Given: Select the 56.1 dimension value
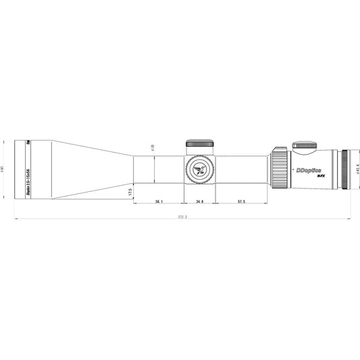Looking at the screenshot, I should point(158,201).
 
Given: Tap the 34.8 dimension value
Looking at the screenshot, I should point(200,201).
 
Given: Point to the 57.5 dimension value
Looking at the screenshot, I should point(241,201).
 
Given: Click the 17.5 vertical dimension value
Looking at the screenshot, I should point(128,192).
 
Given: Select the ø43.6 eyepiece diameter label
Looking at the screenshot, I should point(357,169).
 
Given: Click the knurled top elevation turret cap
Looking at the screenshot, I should point(200,143).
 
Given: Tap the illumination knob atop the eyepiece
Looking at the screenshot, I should point(305,144).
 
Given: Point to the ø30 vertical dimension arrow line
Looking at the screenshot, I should point(155,169).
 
